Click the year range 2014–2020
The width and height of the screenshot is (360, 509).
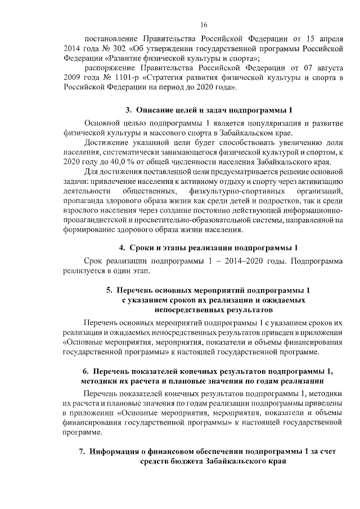(232, 262)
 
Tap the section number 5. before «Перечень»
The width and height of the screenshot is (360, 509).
(109, 291)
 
